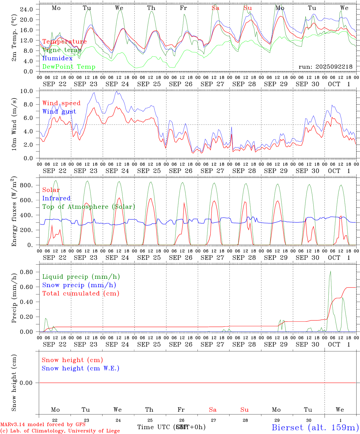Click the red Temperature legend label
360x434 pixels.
point(65,42)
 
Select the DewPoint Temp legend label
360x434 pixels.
point(69,67)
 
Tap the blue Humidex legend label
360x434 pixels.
point(58,58)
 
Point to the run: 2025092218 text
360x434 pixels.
point(325,67)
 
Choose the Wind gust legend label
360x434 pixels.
point(59,112)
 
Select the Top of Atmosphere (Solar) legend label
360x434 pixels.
point(89,207)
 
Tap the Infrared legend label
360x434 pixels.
point(56,198)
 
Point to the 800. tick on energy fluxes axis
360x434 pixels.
point(27,185)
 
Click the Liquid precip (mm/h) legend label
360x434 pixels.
point(81,277)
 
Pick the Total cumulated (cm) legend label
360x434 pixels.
point(81,293)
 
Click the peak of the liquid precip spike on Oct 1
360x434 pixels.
point(330,271)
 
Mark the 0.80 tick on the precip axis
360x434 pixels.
point(27,272)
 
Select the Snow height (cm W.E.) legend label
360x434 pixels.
point(81,368)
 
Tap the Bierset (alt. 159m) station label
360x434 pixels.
point(315,427)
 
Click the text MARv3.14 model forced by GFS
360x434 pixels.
point(43,424)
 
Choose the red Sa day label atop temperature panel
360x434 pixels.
point(215,8)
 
